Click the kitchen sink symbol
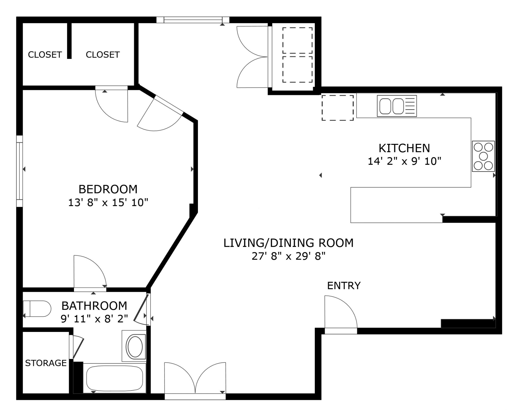tap(397, 106)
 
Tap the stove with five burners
tap(483, 156)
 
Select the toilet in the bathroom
tap(37, 308)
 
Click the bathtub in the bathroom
tap(114, 378)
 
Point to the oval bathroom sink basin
tap(135, 346)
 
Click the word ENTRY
tap(344, 286)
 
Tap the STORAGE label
tap(46, 363)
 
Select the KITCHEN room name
tap(404, 148)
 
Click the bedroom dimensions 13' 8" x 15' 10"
tap(108, 202)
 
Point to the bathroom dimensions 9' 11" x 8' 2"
tap(94, 319)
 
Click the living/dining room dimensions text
tap(288, 256)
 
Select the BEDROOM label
tap(108, 189)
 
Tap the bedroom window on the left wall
tap(19, 171)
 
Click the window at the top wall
tap(193, 20)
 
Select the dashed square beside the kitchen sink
tap(337, 108)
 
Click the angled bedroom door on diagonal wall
tap(159, 116)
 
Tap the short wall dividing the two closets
tap(69, 40)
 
